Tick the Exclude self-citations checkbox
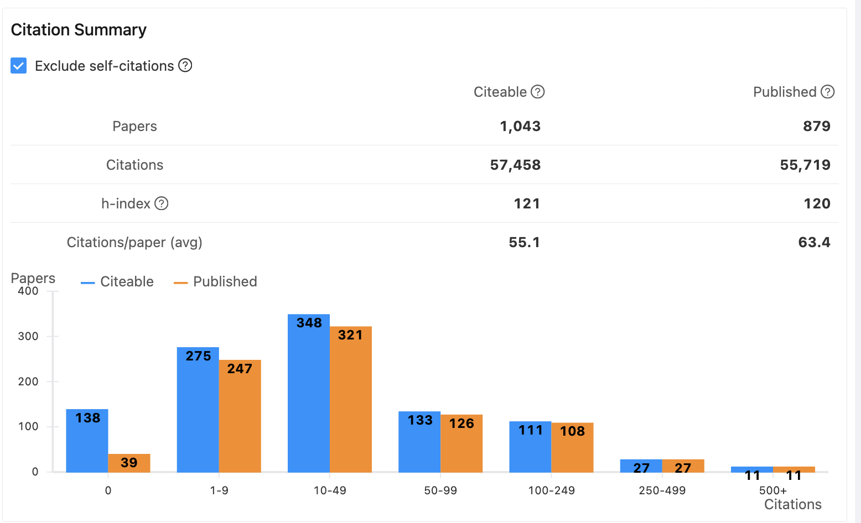(x=19, y=66)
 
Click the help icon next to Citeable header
(x=538, y=92)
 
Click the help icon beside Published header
(x=828, y=92)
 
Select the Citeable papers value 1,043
(x=520, y=126)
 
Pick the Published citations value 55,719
(x=805, y=165)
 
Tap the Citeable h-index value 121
(x=527, y=203)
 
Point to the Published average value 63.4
(x=814, y=242)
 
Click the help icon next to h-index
(x=162, y=203)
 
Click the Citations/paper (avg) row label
(x=134, y=242)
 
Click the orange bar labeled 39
(x=129, y=463)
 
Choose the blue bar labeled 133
(x=419, y=442)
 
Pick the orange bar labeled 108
(x=572, y=448)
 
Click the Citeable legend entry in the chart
(x=118, y=281)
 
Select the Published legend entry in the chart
(x=216, y=281)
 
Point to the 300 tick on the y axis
(x=28, y=336)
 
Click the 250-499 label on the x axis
(x=662, y=490)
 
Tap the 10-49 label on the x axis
(x=330, y=490)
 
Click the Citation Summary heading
(x=79, y=30)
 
